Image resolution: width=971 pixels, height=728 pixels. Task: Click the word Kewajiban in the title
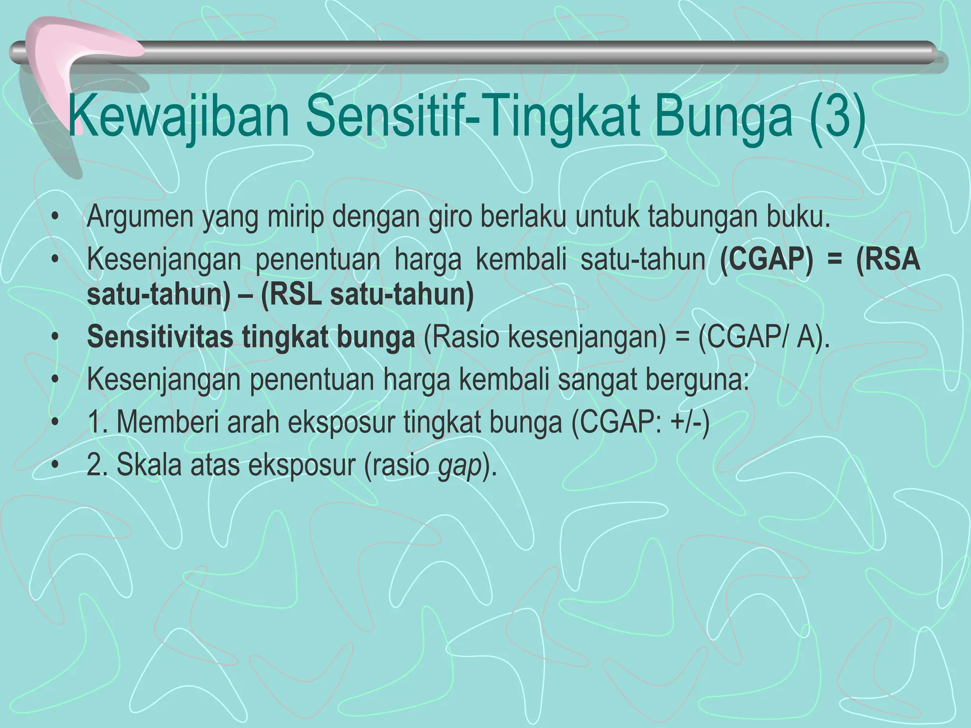179,117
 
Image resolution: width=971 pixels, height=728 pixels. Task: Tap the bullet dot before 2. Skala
56,466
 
